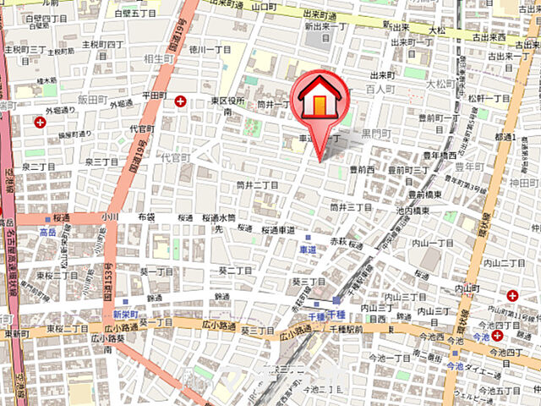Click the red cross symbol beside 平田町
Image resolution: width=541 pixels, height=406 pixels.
pos(181,101)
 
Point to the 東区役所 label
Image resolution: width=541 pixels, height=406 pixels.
pos(227,101)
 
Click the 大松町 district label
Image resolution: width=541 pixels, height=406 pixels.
pos(440,85)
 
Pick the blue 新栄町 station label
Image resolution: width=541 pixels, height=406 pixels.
pos(123,313)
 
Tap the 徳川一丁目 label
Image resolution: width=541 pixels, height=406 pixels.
pos(210,48)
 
